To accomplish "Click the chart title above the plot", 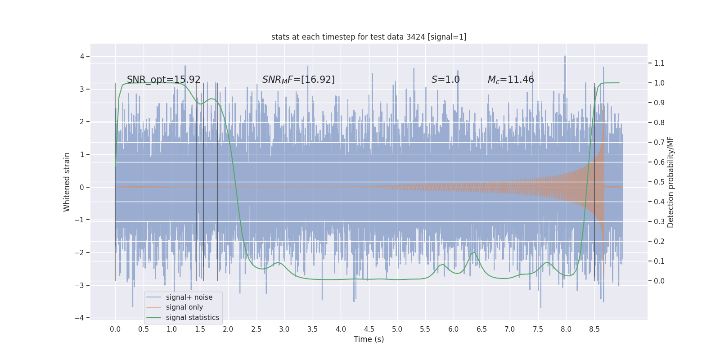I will [x=369, y=37].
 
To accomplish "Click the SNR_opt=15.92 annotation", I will [x=163, y=80].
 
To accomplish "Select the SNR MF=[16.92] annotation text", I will [x=298, y=80].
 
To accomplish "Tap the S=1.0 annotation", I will [x=445, y=80].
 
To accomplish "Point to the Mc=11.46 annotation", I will [x=511, y=80].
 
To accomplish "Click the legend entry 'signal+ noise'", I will [x=189, y=297].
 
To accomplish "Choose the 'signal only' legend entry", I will [x=184, y=307].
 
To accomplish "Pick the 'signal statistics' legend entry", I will [x=192, y=318].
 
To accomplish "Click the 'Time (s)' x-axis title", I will [x=369, y=339].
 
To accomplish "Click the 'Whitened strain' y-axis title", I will [x=67, y=182].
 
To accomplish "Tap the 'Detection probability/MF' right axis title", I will [x=670, y=182].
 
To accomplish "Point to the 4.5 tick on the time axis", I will [x=369, y=329].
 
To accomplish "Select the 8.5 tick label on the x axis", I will [x=594, y=329].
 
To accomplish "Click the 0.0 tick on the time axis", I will [x=115, y=329].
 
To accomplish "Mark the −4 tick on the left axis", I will [x=79, y=318].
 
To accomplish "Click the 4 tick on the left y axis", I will [x=82, y=56].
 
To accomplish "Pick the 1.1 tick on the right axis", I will [x=659, y=63].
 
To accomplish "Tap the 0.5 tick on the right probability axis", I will [x=659, y=182].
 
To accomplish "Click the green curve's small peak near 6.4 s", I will [x=473, y=252].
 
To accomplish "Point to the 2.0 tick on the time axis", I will [x=228, y=329].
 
